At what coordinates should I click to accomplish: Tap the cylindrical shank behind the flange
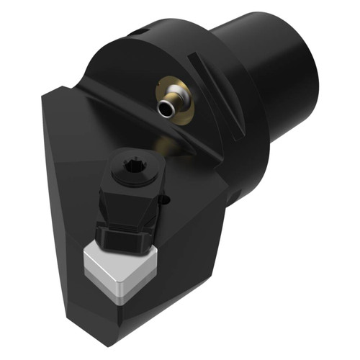(281, 79)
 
